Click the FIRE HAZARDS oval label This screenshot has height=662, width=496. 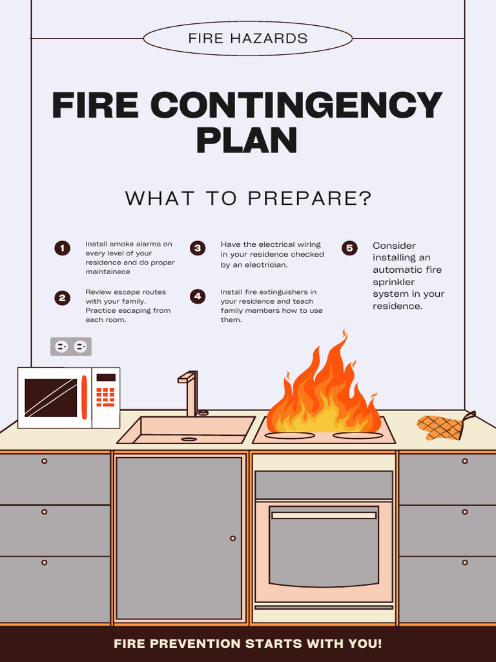click(247, 38)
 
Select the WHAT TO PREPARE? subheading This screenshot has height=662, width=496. click(248, 198)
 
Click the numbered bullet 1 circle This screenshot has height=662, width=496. click(62, 248)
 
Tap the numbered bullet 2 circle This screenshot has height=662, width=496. click(62, 297)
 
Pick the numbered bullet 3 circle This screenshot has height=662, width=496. click(198, 248)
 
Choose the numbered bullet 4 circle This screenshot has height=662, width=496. click(198, 297)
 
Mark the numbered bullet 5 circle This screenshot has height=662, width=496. click(349, 248)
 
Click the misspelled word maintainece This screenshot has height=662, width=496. click(108, 272)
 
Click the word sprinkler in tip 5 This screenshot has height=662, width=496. click(393, 282)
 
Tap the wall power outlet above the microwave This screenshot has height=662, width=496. click(71, 347)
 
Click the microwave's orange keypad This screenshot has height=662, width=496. click(105, 396)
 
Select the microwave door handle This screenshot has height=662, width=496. click(84, 397)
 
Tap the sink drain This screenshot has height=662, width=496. click(189, 439)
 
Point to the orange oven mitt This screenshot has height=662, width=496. click(442, 427)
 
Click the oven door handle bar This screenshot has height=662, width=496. click(324, 515)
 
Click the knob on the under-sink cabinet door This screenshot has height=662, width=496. click(232, 538)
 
